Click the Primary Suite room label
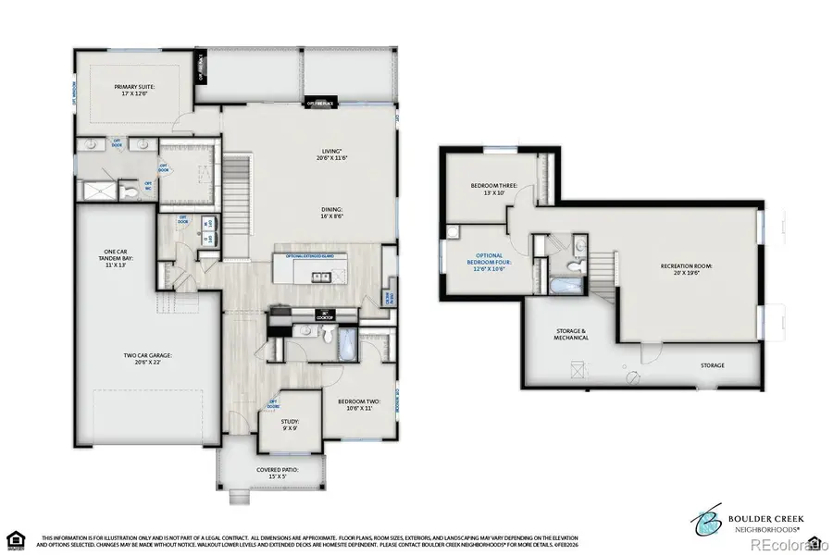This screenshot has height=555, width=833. [x=135, y=91]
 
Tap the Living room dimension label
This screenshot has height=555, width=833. [x=331, y=154]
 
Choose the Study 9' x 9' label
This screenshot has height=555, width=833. [x=279, y=425]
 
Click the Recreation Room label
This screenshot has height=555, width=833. [x=686, y=270]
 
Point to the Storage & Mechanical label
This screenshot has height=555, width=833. [x=571, y=335]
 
